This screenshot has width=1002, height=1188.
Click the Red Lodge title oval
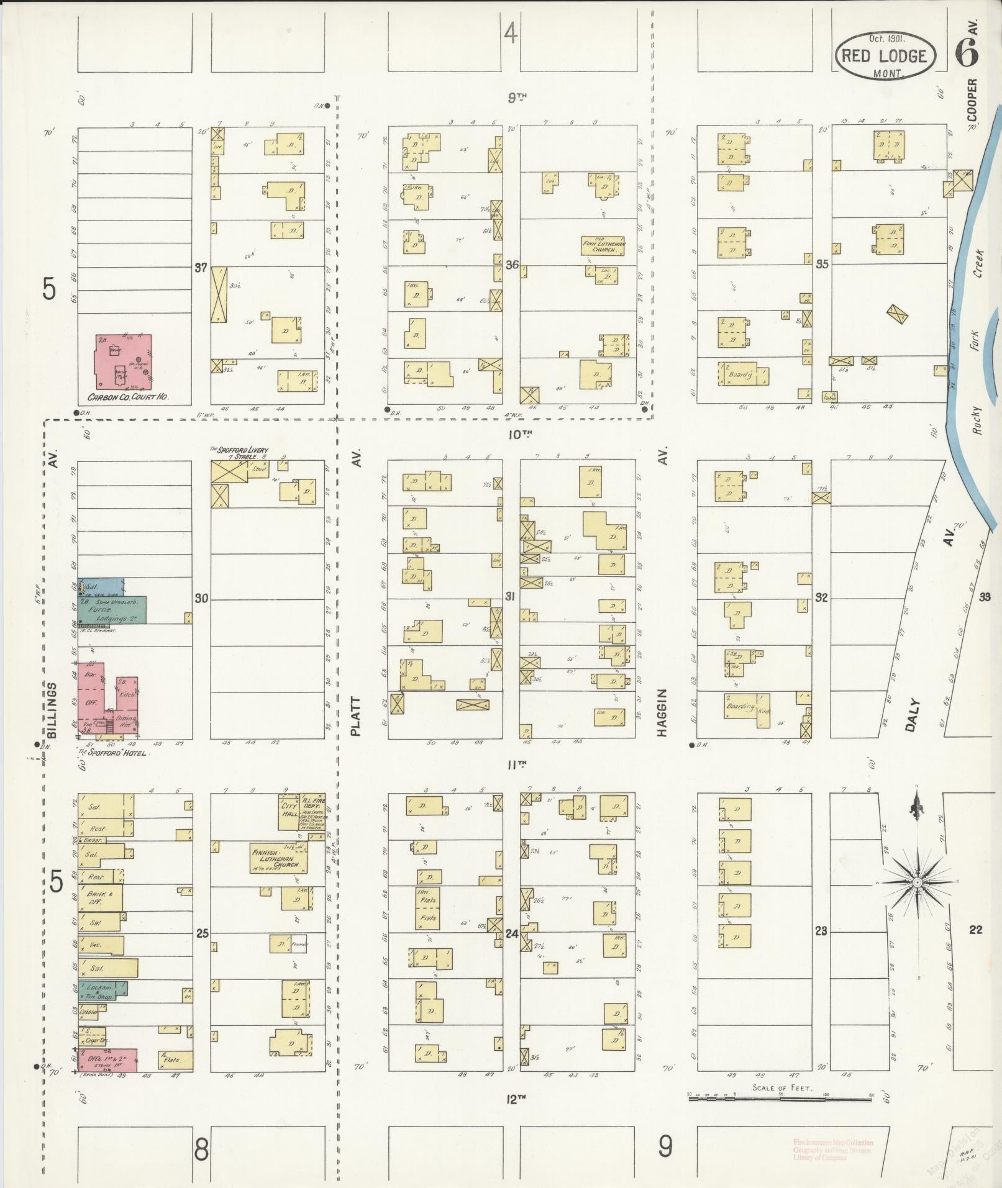tap(885, 55)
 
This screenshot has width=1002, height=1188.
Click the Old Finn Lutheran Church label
tap(603, 246)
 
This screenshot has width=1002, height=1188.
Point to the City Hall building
tap(289, 811)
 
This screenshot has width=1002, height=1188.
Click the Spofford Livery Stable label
tap(239, 451)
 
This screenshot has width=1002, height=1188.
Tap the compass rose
tap(918, 882)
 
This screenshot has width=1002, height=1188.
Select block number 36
tap(512, 265)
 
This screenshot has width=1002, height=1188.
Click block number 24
tap(512, 933)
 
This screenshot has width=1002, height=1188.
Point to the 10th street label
tap(517, 434)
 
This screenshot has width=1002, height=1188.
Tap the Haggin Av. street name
tap(663, 712)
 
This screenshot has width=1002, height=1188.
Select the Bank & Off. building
tap(99, 898)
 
